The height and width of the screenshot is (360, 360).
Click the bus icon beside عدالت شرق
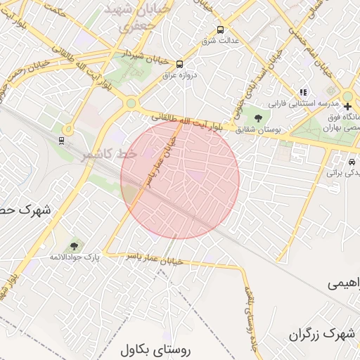click(x=221, y=30)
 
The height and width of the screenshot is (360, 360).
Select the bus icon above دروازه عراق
click(x=179, y=63)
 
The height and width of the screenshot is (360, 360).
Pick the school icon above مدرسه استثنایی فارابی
click(x=304, y=91)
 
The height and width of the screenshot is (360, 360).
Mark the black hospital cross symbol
click(x=347, y=107)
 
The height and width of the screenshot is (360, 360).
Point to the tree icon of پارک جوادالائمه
click(x=74, y=245)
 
